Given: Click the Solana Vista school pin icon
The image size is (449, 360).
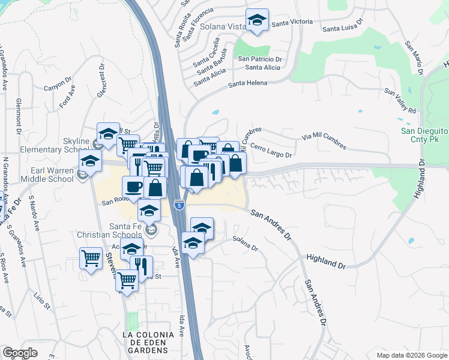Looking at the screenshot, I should click(257, 21).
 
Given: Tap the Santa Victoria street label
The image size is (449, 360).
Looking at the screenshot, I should click(292, 22).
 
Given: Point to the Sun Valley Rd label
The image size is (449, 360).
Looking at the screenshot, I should click(400, 101).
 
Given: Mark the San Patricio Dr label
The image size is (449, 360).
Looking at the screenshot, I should click(260, 59).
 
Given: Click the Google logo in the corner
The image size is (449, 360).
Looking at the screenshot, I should click(20, 353).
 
